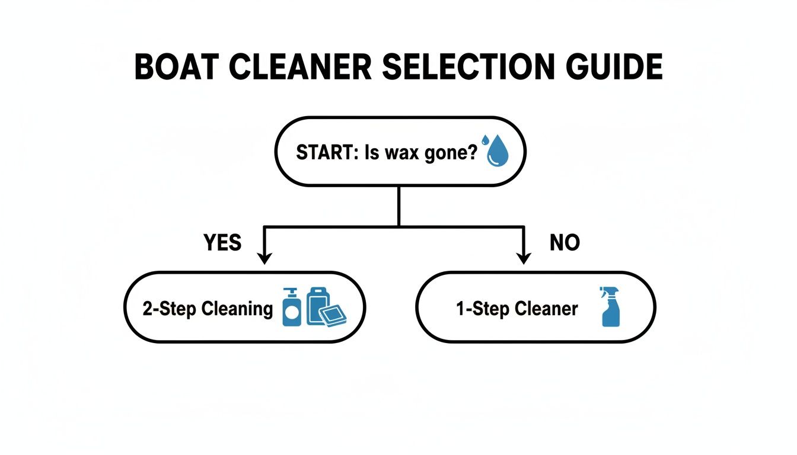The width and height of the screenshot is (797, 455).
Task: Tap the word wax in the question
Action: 403,153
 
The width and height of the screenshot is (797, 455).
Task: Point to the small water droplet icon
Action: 485,140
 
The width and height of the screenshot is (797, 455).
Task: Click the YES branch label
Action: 222,242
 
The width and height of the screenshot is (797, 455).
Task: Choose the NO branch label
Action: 565,242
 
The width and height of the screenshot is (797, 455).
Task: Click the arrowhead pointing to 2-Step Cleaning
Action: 265,258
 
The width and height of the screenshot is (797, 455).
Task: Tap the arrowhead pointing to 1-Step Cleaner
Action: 522,258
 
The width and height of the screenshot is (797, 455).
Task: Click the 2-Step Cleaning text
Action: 208,309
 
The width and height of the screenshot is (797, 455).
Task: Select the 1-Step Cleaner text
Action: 517,309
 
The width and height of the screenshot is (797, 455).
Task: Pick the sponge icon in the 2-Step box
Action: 333,316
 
